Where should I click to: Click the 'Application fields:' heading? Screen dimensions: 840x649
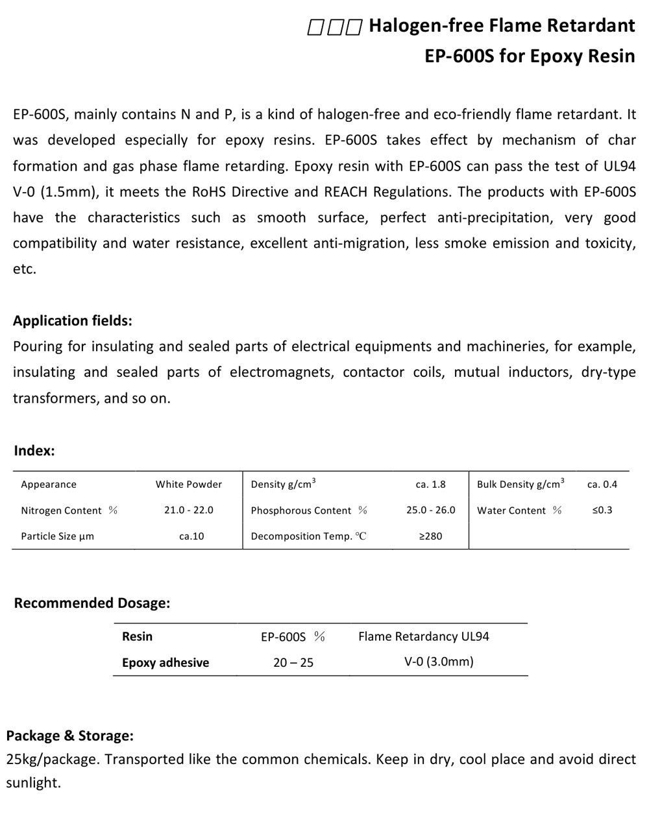click(x=73, y=320)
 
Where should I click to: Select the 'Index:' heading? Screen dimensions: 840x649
click(x=34, y=451)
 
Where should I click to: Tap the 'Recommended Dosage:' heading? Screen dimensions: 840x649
click(x=92, y=603)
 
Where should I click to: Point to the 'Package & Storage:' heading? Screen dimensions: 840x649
click(x=70, y=736)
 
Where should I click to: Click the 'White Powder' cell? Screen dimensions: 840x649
click(x=189, y=485)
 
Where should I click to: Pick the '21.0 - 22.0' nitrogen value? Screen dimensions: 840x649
click(x=189, y=510)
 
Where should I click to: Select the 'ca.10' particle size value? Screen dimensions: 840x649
click(x=191, y=536)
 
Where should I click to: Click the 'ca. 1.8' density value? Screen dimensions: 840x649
click(x=431, y=485)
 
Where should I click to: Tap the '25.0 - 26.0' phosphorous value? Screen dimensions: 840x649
click(x=431, y=510)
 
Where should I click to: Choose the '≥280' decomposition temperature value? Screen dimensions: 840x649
click(x=431, y=536)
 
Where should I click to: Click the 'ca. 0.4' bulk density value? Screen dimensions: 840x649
click(x=602, y=485)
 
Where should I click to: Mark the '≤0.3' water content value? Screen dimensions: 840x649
click(x=602, y=510)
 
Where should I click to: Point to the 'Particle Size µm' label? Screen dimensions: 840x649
click(x=58, y=536)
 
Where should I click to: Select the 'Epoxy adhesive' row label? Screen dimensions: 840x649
click(x=165, y=662)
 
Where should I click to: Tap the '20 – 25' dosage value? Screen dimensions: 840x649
click(x=293, y=662)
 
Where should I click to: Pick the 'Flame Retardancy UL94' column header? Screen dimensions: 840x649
click(x=424, y=636)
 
